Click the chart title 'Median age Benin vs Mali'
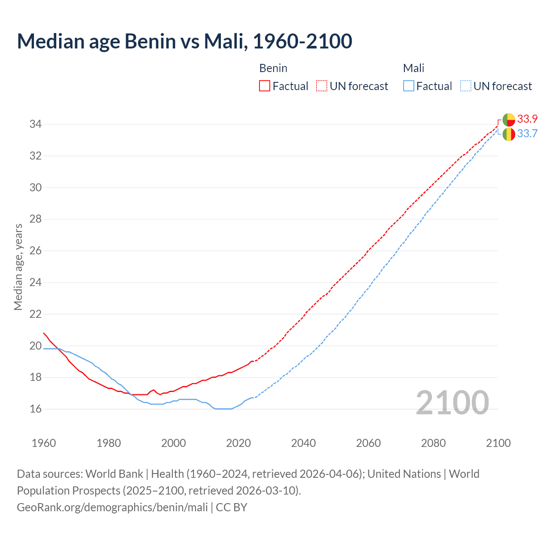pos(184,41)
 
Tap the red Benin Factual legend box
pos(265,86)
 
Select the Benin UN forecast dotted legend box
pos(322,86)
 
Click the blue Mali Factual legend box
pos(409,86)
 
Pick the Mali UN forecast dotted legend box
pos(465,86)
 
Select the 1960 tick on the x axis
pos(44,443)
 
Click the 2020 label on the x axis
pos(238,443)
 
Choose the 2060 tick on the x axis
pos(368,443)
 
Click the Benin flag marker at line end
pos(509,119)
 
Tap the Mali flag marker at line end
pos(509,134)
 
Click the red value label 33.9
pos(528,119)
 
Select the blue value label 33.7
pos(528,134)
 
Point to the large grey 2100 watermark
pos(452,403)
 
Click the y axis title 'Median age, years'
pos(18,267)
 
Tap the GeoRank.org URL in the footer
pos(112,507)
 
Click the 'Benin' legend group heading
pos(273,68)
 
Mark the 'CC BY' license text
pos(232,507)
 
